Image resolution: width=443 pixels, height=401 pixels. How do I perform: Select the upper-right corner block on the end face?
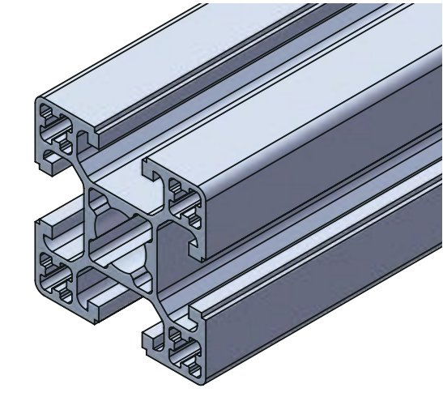[x=174, y=194]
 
